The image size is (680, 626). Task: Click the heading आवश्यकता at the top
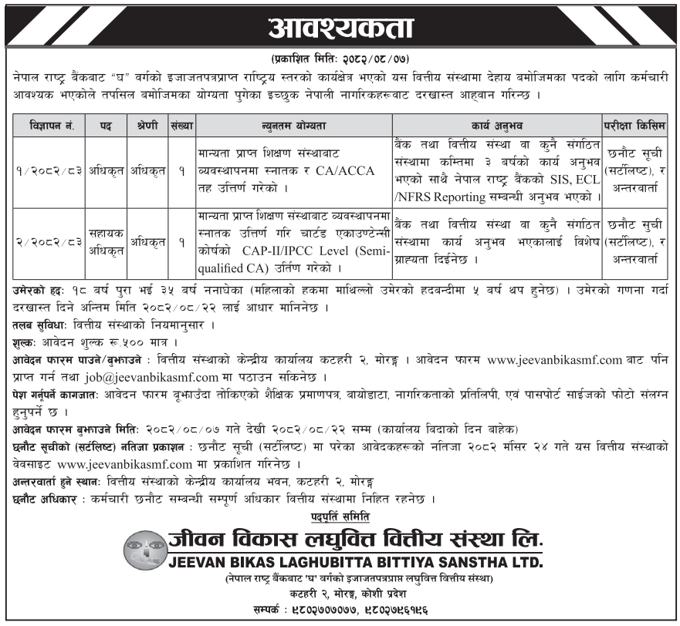point(340,29)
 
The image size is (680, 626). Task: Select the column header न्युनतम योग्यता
point(293,124)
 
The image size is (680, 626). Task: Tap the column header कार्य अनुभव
point(496,124)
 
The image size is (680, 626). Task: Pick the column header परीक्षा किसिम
point(635,124)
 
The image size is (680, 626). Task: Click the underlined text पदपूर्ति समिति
point(340,515)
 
